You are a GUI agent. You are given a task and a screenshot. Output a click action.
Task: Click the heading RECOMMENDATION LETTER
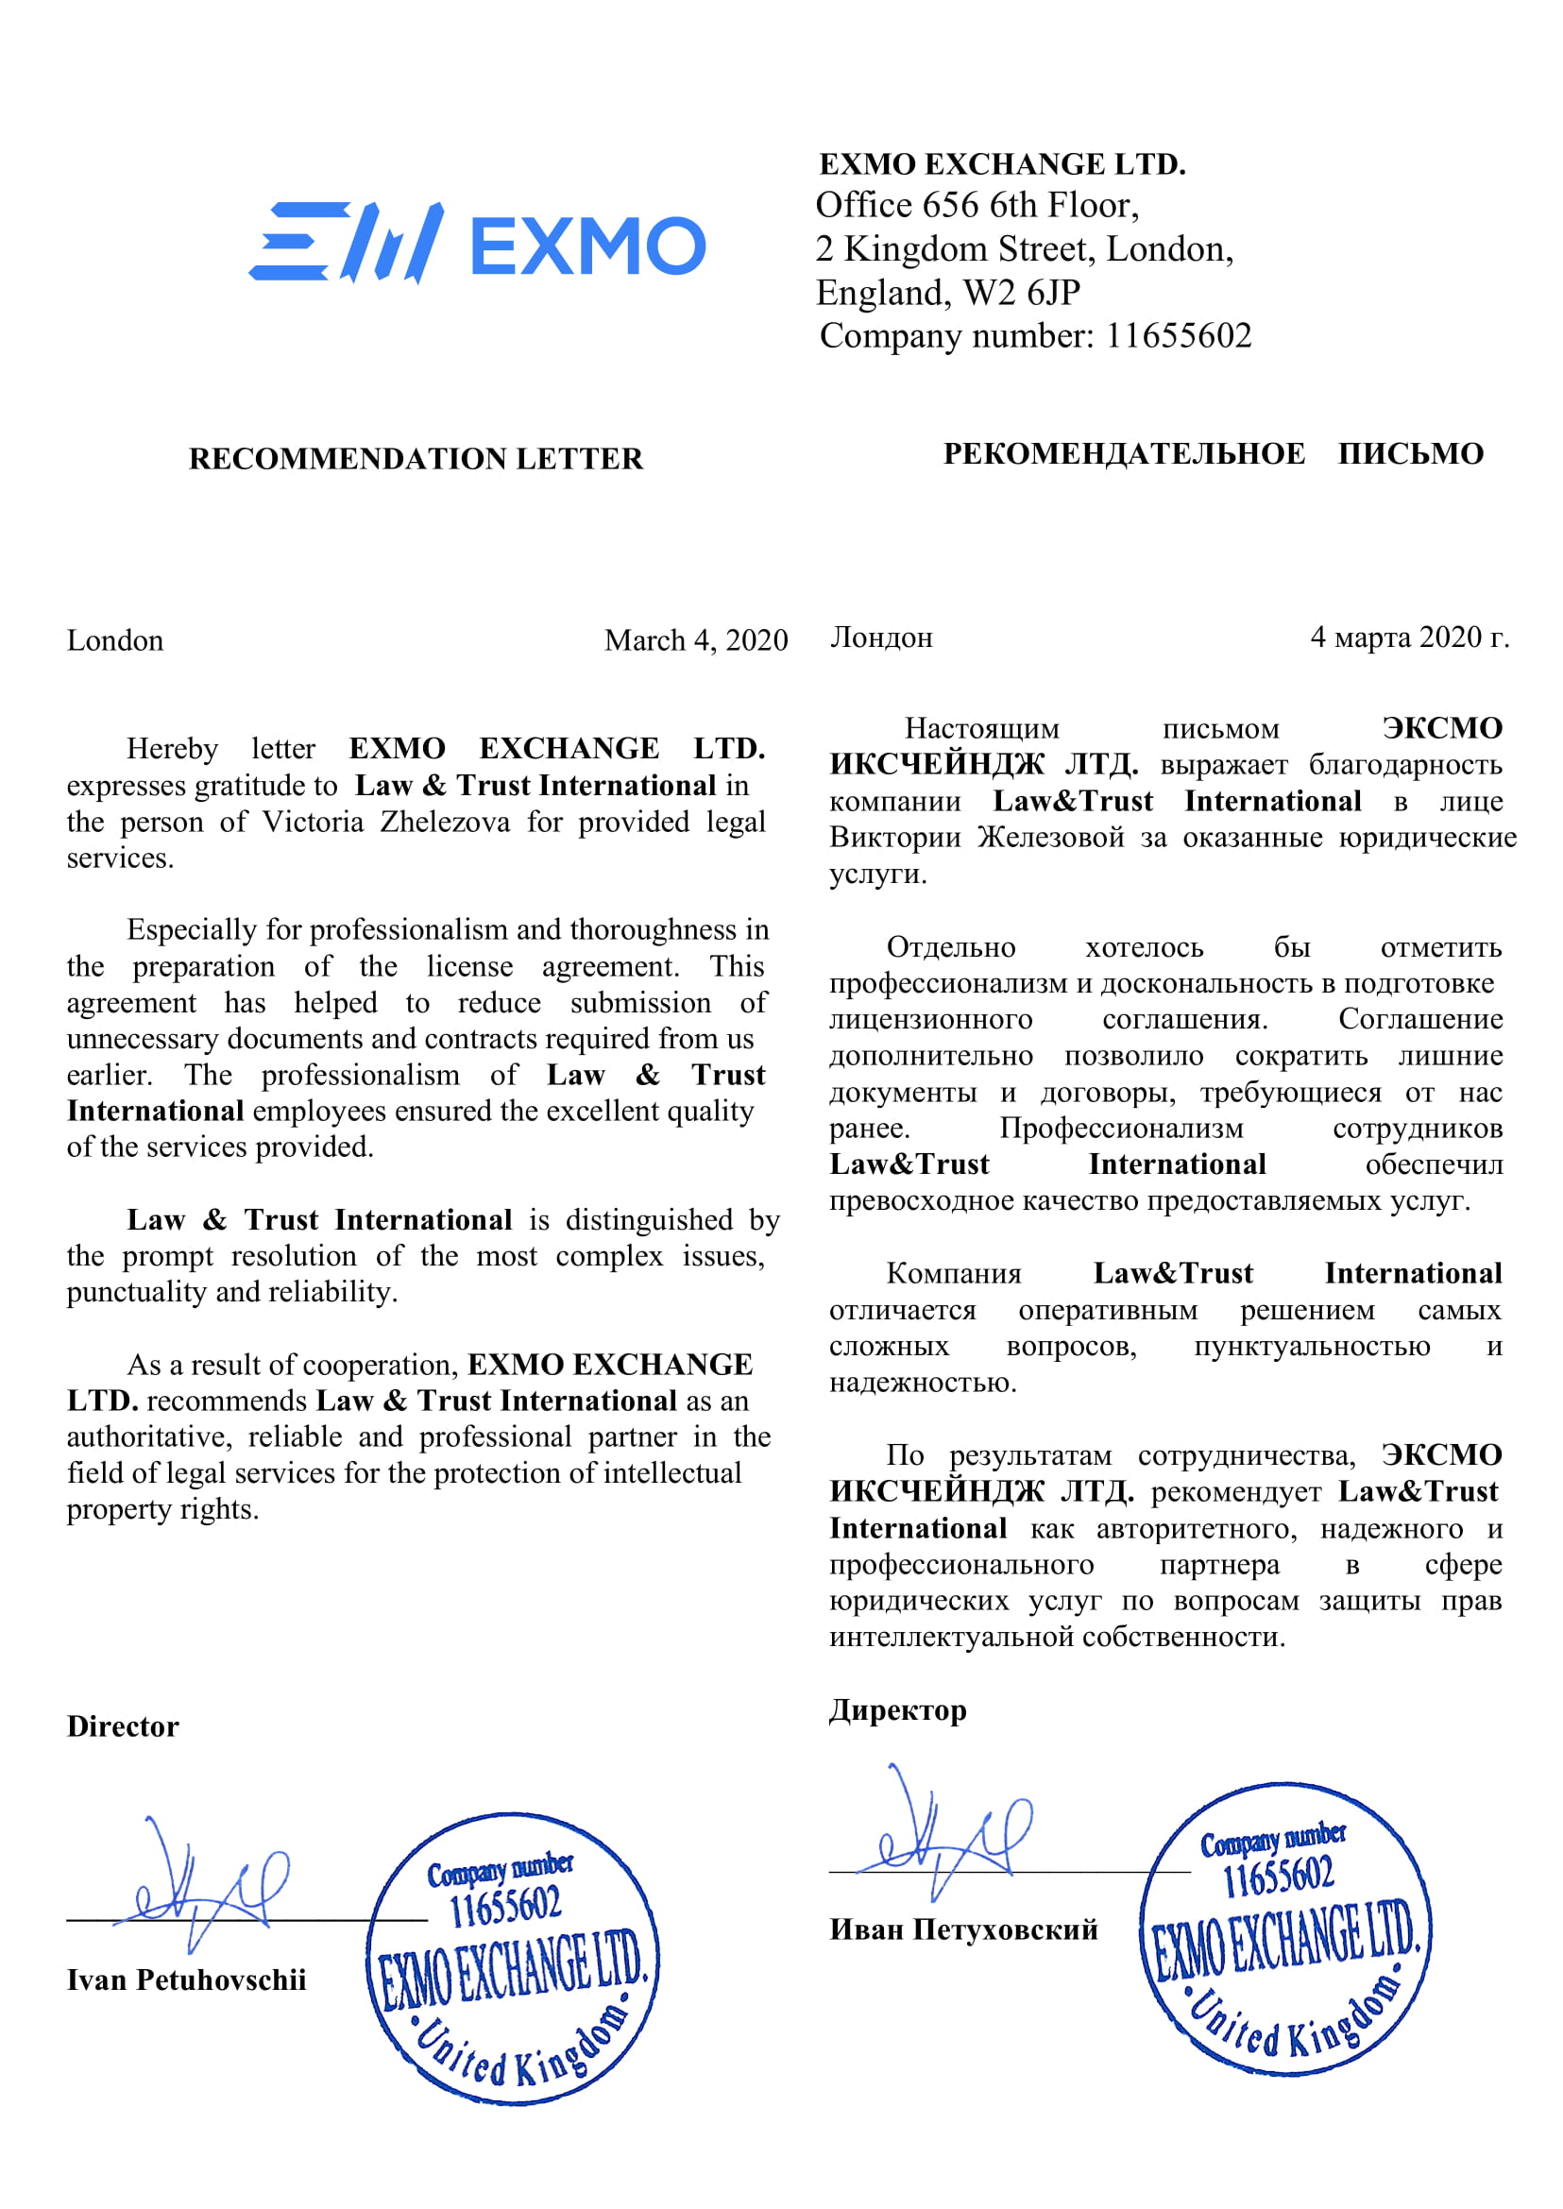(415, 458)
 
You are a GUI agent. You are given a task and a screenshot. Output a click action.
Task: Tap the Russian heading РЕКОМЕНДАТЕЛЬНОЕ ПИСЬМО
(1213, 453)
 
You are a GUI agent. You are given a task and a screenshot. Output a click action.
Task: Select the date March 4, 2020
(695, 640)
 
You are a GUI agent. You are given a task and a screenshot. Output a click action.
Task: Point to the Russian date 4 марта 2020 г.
(1409, 637)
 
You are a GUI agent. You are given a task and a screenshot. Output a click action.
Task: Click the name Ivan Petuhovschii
(186, 1979)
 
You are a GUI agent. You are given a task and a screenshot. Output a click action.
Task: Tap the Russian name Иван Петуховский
(963, 1929)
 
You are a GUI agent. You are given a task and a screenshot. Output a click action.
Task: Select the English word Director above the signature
(122, 1725)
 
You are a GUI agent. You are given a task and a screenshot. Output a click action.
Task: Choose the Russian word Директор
(897, 1709)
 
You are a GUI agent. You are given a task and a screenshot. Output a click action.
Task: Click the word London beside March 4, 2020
(114, 640)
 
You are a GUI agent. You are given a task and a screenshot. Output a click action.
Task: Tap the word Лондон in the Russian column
(880, 637)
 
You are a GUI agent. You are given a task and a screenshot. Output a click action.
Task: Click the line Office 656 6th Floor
(977, 205)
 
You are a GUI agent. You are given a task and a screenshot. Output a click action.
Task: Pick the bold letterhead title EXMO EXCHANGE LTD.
(1001, 163)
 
